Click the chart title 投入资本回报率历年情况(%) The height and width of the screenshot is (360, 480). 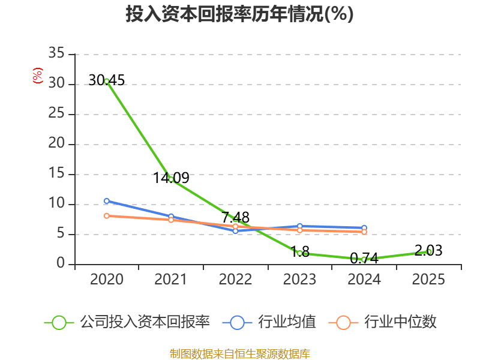click(x=239, y=14)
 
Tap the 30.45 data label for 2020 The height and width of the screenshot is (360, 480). click(x=106, y=80)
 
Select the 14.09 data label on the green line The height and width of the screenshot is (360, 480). click(x=171, y=178)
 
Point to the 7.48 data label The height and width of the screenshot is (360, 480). click(x=235, y=217)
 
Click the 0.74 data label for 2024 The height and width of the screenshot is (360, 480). click(x=364, y=259)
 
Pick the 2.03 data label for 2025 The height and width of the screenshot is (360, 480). click(x=428, y=250)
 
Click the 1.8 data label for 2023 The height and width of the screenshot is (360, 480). click(x=300, y=252)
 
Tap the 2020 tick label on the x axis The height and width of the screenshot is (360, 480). click(x=107, y=280)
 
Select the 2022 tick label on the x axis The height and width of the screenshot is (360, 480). click(x=235, y=280)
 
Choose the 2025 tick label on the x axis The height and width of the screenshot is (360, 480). click(x=428, y=280)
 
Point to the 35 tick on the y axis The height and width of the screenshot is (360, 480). click(x=56, y=54)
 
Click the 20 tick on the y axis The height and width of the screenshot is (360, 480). click(x=56, y=144)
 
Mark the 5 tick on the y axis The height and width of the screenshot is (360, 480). click(x=61, y=234)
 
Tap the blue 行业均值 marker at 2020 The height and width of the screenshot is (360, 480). click(x=107, y=201)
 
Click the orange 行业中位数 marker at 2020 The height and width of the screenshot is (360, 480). click(x=107, y=215)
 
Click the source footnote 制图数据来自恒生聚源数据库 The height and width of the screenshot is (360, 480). click(x=239, y=353)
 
